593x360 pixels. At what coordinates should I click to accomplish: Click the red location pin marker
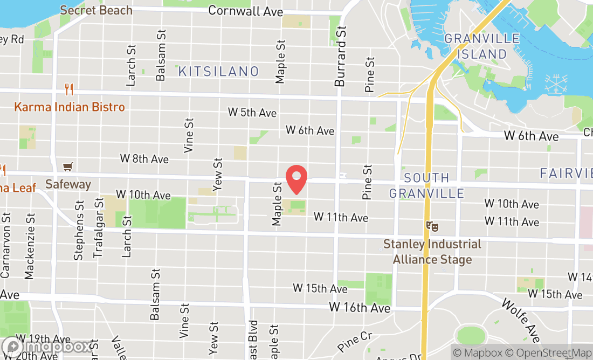(296, 179)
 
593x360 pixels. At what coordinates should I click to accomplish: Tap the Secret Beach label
(96, 10)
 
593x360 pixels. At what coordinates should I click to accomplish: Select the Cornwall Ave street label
(238, 11)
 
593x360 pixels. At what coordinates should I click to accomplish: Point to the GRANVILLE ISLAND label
(482, 46)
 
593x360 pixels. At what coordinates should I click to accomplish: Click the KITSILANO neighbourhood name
(218, 71)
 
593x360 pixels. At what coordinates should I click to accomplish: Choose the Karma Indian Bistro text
(70, 107)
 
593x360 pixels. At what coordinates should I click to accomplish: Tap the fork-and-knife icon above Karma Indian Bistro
(68, 88)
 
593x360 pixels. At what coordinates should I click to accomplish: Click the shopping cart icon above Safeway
(68, 167)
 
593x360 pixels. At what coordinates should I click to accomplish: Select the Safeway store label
(68, 184)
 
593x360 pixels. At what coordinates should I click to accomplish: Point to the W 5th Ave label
(252, 113)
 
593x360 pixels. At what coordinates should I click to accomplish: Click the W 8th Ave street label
(144, 159)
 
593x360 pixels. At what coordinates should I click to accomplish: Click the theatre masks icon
(431, 226)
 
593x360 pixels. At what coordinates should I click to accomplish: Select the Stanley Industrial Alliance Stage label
(432, 252)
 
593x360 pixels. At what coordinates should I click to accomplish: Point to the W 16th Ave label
(360, 308)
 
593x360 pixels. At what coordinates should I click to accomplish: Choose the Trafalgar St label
(99, 228)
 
